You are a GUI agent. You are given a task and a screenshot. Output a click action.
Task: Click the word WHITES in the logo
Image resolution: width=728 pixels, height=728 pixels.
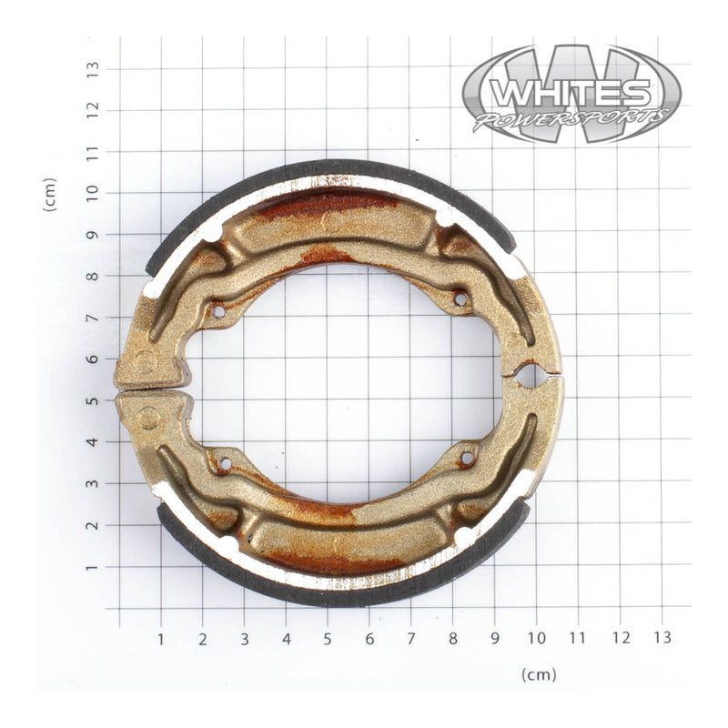[x=571, y=93]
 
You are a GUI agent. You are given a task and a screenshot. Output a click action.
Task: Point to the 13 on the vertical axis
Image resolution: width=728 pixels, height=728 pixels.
[x=92, y=68]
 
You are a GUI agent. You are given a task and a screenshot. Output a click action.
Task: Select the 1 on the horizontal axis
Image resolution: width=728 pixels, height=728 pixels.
[x=161, y=638]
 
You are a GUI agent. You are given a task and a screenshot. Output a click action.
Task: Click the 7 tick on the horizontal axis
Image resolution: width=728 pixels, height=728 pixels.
[x=411, y=638]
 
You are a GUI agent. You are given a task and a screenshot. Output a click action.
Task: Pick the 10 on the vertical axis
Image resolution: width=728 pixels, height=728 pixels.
[x=92, y=193]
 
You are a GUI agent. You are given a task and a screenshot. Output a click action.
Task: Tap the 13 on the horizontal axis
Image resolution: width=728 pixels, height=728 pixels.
[x=662, y=638]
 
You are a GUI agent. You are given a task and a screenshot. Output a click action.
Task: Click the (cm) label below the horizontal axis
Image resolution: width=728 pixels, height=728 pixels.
[x=539, y=674]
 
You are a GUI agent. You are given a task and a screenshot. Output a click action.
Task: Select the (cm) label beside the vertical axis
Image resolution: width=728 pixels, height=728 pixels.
[x=50, y=195]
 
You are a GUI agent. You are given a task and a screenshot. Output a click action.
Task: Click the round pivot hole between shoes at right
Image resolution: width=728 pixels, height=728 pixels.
[x=527, y=373]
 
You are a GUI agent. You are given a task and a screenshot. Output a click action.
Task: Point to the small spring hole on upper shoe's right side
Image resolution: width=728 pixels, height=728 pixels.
[x=460, y=298]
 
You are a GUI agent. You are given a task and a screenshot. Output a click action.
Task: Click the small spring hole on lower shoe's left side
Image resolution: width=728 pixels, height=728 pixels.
[x=223, y=464]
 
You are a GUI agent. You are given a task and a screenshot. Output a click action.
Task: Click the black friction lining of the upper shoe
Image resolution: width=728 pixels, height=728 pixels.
[x=328, y=168]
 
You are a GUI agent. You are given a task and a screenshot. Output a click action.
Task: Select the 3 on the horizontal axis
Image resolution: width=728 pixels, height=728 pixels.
[x=245, y=638]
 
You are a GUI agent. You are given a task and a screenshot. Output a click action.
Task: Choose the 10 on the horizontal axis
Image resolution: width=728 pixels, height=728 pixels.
[x=537, y=638]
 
